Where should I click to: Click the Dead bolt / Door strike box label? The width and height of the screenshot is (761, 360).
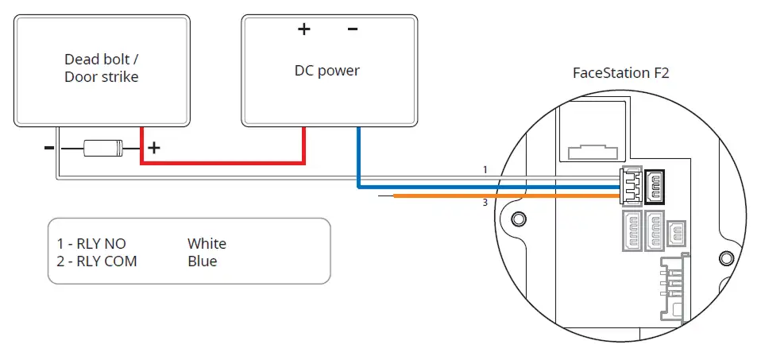(102, 68)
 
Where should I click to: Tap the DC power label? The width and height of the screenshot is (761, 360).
(327, 71)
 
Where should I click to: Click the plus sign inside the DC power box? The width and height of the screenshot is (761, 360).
(303, 29)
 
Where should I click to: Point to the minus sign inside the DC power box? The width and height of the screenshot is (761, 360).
(353, 29)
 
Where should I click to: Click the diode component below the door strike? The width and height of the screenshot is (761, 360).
(103, 148)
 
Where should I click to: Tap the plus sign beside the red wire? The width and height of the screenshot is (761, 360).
(154, 147)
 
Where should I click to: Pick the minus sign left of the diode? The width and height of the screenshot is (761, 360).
(49, 147)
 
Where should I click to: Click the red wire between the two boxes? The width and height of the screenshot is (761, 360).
(222, 162)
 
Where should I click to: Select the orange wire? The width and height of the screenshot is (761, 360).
(507, 195)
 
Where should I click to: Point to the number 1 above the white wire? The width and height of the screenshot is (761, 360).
(485, 170)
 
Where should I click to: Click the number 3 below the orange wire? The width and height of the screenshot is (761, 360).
(485, 203)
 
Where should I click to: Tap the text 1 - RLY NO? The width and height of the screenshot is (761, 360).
(91, 243)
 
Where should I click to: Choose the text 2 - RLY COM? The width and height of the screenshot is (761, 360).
(97, 261)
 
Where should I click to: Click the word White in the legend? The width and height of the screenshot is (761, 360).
(207, 243)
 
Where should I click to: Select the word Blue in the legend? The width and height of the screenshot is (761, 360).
(202, 261)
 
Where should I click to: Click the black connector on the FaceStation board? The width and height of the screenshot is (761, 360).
(655, 187)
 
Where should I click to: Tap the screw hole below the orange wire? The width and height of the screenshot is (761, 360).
(519, 217)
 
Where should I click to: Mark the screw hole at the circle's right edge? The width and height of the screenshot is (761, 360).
(726, 257)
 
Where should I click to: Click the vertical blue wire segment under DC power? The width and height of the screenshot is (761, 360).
(358, 157)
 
